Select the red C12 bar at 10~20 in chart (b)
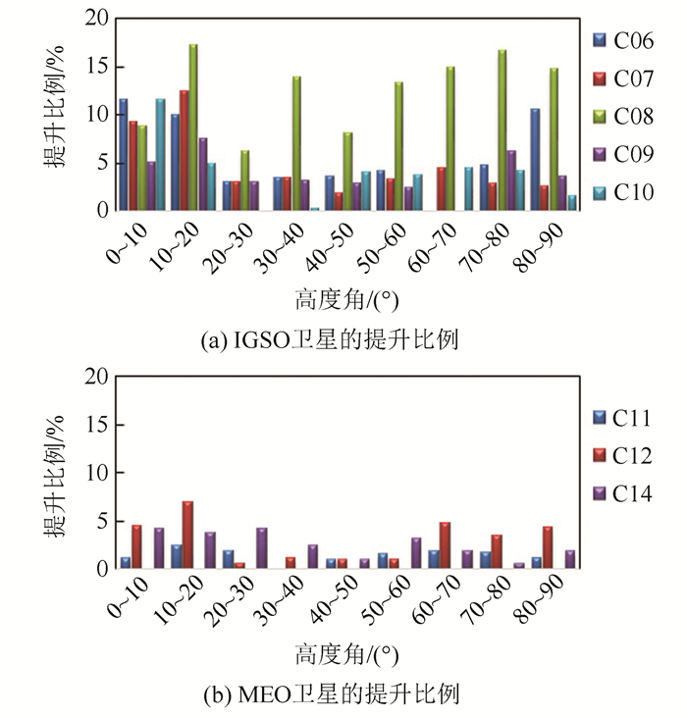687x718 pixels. [x=187, y=536]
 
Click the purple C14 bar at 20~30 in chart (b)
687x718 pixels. [x=261, y=548]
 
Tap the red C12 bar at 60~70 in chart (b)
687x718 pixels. [x=445, y=545]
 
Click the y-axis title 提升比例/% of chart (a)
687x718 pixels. [x=56, y=114]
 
